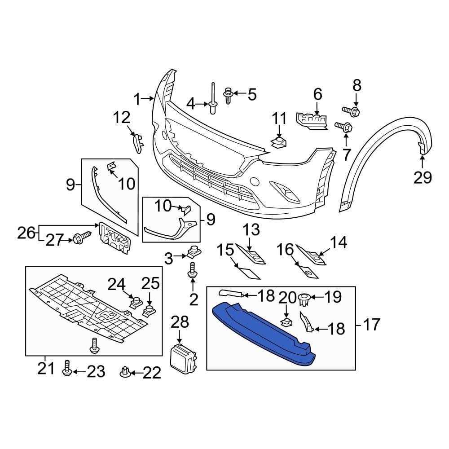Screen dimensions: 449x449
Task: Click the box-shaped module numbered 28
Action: (x=182, y=359)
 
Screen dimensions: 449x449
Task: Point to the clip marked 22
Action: (x=125, y=372)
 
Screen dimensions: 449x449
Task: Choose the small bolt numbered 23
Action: (x=66, y=368)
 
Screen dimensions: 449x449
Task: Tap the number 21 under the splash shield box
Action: (x=46, y=369)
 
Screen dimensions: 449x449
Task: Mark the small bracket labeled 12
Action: (x=137, y=143)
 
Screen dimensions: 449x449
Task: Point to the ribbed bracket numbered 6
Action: (x=311, y=120)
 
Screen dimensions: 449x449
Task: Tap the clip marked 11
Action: (x=279, y=143)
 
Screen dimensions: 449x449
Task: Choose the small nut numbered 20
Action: (x=286, y=321)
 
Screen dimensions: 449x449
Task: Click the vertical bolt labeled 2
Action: (x=193, y=270)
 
